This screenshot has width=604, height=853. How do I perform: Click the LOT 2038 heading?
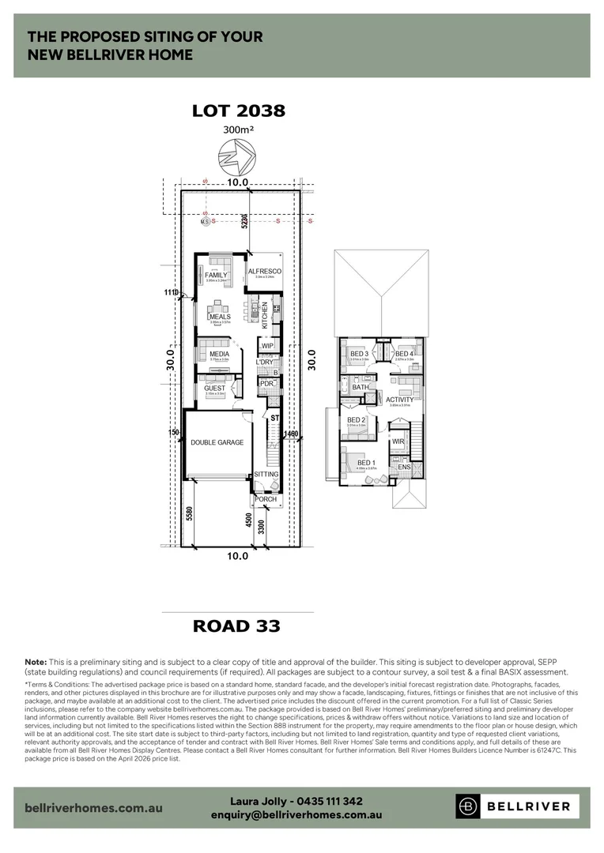(238, 111)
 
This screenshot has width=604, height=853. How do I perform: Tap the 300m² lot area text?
(238, 130)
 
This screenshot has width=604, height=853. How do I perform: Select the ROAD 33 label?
(237, 626)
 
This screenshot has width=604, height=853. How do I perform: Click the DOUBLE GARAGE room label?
(217, 442)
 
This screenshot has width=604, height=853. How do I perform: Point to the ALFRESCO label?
(265, 272)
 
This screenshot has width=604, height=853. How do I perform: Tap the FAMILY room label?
(216, 275)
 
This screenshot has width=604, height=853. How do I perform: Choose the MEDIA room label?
(219, 354)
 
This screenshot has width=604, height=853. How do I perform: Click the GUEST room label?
(215, 388)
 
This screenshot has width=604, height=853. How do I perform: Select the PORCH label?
(265, 499)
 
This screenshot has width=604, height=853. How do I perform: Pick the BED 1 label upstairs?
(365, 463)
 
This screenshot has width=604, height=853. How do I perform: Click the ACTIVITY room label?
(399, 400)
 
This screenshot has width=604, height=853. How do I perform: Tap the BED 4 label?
(404, 353)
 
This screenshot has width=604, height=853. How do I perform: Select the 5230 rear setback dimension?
(246, 221)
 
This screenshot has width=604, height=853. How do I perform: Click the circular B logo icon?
(469, 806)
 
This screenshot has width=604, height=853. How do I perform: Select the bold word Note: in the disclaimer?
(36, 661)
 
